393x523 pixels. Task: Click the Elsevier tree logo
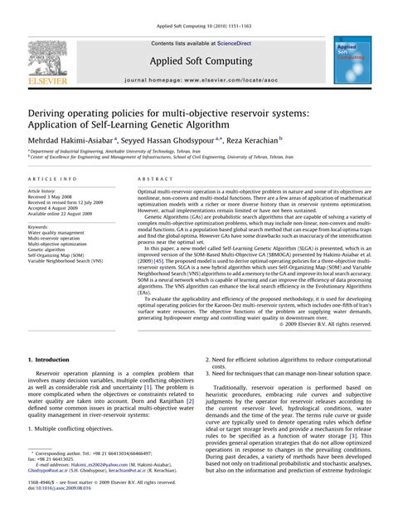(x=46, y=57)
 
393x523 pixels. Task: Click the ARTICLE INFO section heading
(x=54, y=179)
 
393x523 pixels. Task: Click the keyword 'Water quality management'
(x=58, y=234)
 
